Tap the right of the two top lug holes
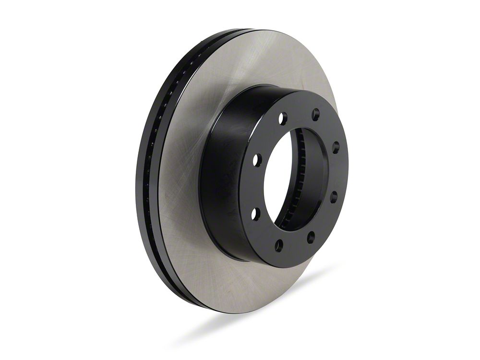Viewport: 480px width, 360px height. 315,114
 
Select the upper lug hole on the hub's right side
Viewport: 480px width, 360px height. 336,147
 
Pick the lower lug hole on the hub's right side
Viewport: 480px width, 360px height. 334,196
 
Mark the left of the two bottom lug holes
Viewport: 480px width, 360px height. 279,245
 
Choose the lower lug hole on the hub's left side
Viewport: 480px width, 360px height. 255,214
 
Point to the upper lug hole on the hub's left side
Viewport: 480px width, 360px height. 257,160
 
